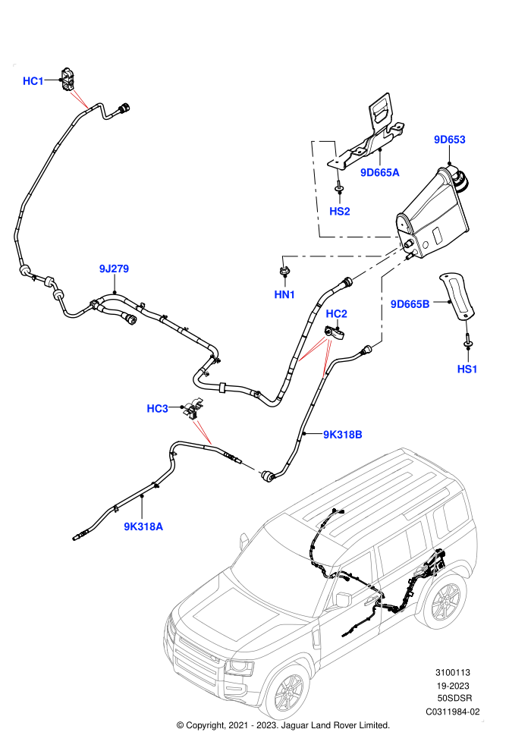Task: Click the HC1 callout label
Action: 33,81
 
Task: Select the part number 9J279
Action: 114,269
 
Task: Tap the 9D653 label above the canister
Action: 450,140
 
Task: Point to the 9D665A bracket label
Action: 380,172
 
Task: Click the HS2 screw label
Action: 340,211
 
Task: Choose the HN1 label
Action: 284,294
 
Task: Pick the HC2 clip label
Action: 336,314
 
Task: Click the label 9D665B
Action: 410,304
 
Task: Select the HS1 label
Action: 467,369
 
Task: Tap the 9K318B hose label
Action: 342,435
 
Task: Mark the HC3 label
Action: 157,409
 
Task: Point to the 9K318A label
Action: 143,526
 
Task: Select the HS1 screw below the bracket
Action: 467,341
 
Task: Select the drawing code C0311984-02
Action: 452,712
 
